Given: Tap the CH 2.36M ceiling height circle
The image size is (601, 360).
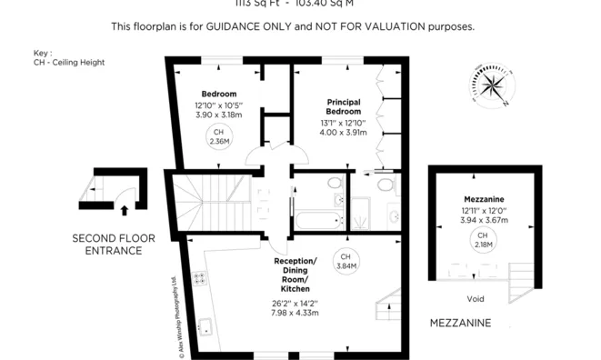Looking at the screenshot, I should click(x=218, y=137).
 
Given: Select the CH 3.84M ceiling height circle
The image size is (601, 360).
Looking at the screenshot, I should click(x=346, y=260).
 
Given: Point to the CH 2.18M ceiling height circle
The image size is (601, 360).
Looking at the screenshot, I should click(x=482, y=241).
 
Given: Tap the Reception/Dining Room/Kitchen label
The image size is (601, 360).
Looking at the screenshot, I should click(x=295, y=275).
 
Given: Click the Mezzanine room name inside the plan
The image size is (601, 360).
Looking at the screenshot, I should click(x=483, y=198).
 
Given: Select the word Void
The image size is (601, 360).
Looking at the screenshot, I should click(x=475, y=298).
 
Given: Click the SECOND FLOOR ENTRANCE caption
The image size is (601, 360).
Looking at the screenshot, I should click(x=114, y=244).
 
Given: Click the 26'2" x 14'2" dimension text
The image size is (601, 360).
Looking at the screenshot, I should click(x=295, y=303).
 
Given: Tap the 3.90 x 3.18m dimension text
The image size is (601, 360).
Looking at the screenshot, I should click(x=218, y=115).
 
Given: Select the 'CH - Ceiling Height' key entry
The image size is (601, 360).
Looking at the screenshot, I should click(x=68, y=63).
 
